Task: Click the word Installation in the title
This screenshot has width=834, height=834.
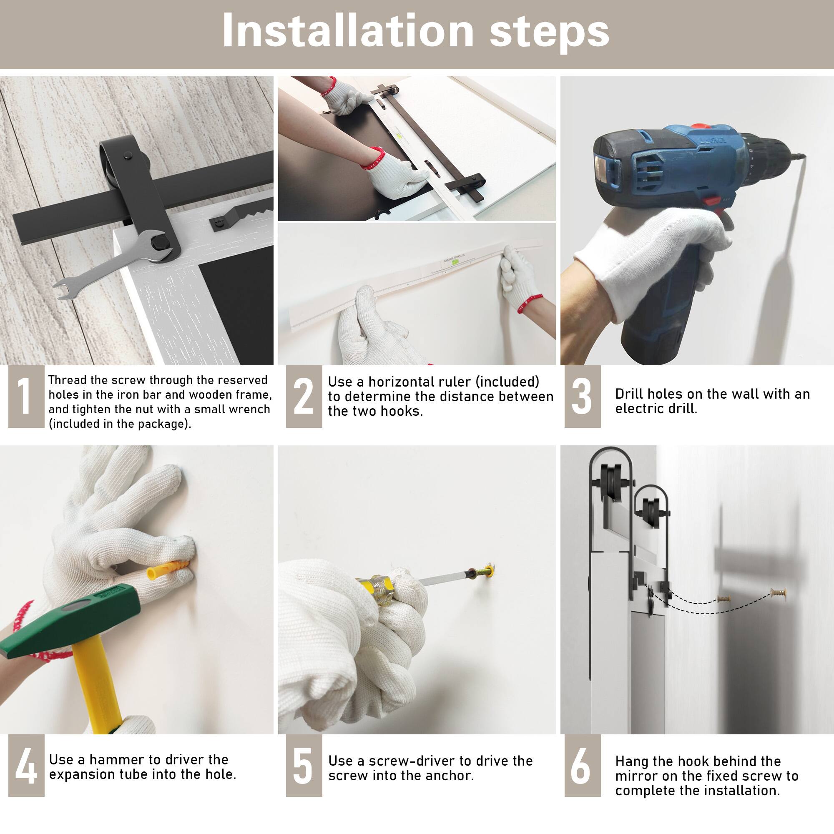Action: click(348, 31)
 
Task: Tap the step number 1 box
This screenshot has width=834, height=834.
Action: click(26, 396)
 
